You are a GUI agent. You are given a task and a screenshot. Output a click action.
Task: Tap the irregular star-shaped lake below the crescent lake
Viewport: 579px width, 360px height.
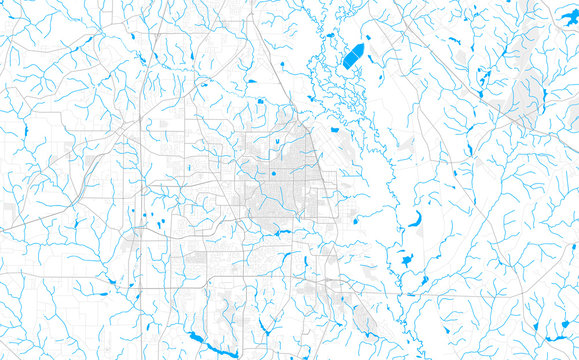[x=406, y=260]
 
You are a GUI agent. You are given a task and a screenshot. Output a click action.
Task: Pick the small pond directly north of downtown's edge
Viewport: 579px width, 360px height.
[x=261, y=100]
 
